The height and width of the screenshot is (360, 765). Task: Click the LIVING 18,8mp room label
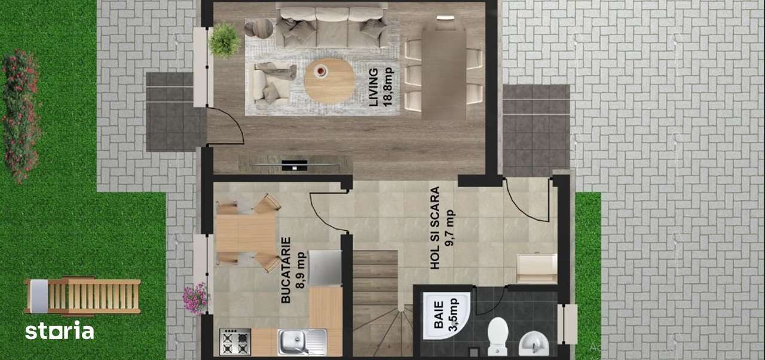click(379, 87)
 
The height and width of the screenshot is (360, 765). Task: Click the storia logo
click(59, 330)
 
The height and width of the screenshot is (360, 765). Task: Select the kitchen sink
click(302, 341)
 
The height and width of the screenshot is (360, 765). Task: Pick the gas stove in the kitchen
click(235, 341)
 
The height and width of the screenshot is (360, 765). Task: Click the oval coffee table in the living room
click(329, 81)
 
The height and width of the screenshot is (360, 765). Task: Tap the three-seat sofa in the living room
click(332, 26)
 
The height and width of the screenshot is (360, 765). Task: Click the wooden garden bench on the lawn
click(84, 295)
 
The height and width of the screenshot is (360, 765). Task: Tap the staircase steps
click(375, 293)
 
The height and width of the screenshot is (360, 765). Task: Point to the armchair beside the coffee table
click(270, 82)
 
